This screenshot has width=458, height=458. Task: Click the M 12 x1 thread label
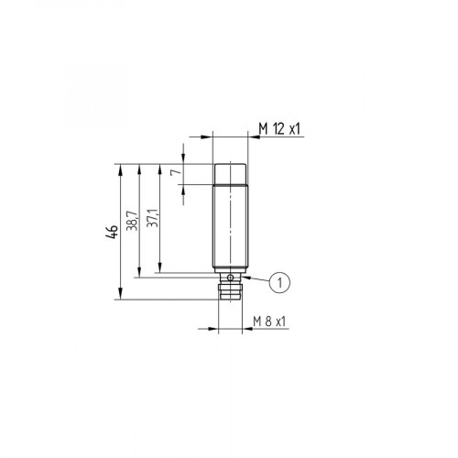280,128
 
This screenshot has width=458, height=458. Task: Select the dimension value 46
111,231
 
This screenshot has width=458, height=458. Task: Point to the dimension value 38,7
132,220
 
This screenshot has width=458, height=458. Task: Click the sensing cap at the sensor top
229,173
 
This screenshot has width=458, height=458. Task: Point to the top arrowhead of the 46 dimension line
121,168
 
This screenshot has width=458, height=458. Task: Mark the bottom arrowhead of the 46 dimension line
121,294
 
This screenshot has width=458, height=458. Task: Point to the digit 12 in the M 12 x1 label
276,128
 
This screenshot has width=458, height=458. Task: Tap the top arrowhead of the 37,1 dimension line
160,168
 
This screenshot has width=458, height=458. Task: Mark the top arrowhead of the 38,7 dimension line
140,168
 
